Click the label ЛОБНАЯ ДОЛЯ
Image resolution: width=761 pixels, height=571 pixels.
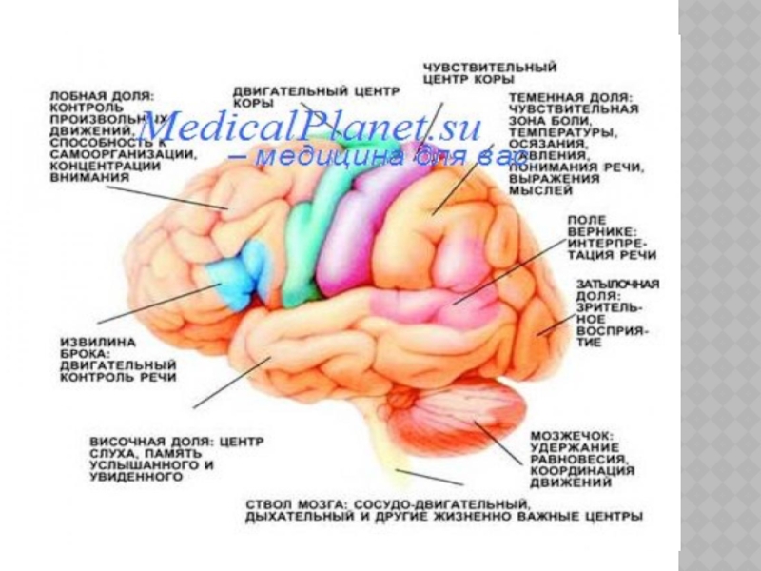pyautogui.click(x=102, y=96)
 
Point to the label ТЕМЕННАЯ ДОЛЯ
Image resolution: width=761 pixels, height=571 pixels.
pyautogui.click(x=570, y=98)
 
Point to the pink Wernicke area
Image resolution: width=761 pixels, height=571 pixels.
pyautogui.click(x=447, y=305)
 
